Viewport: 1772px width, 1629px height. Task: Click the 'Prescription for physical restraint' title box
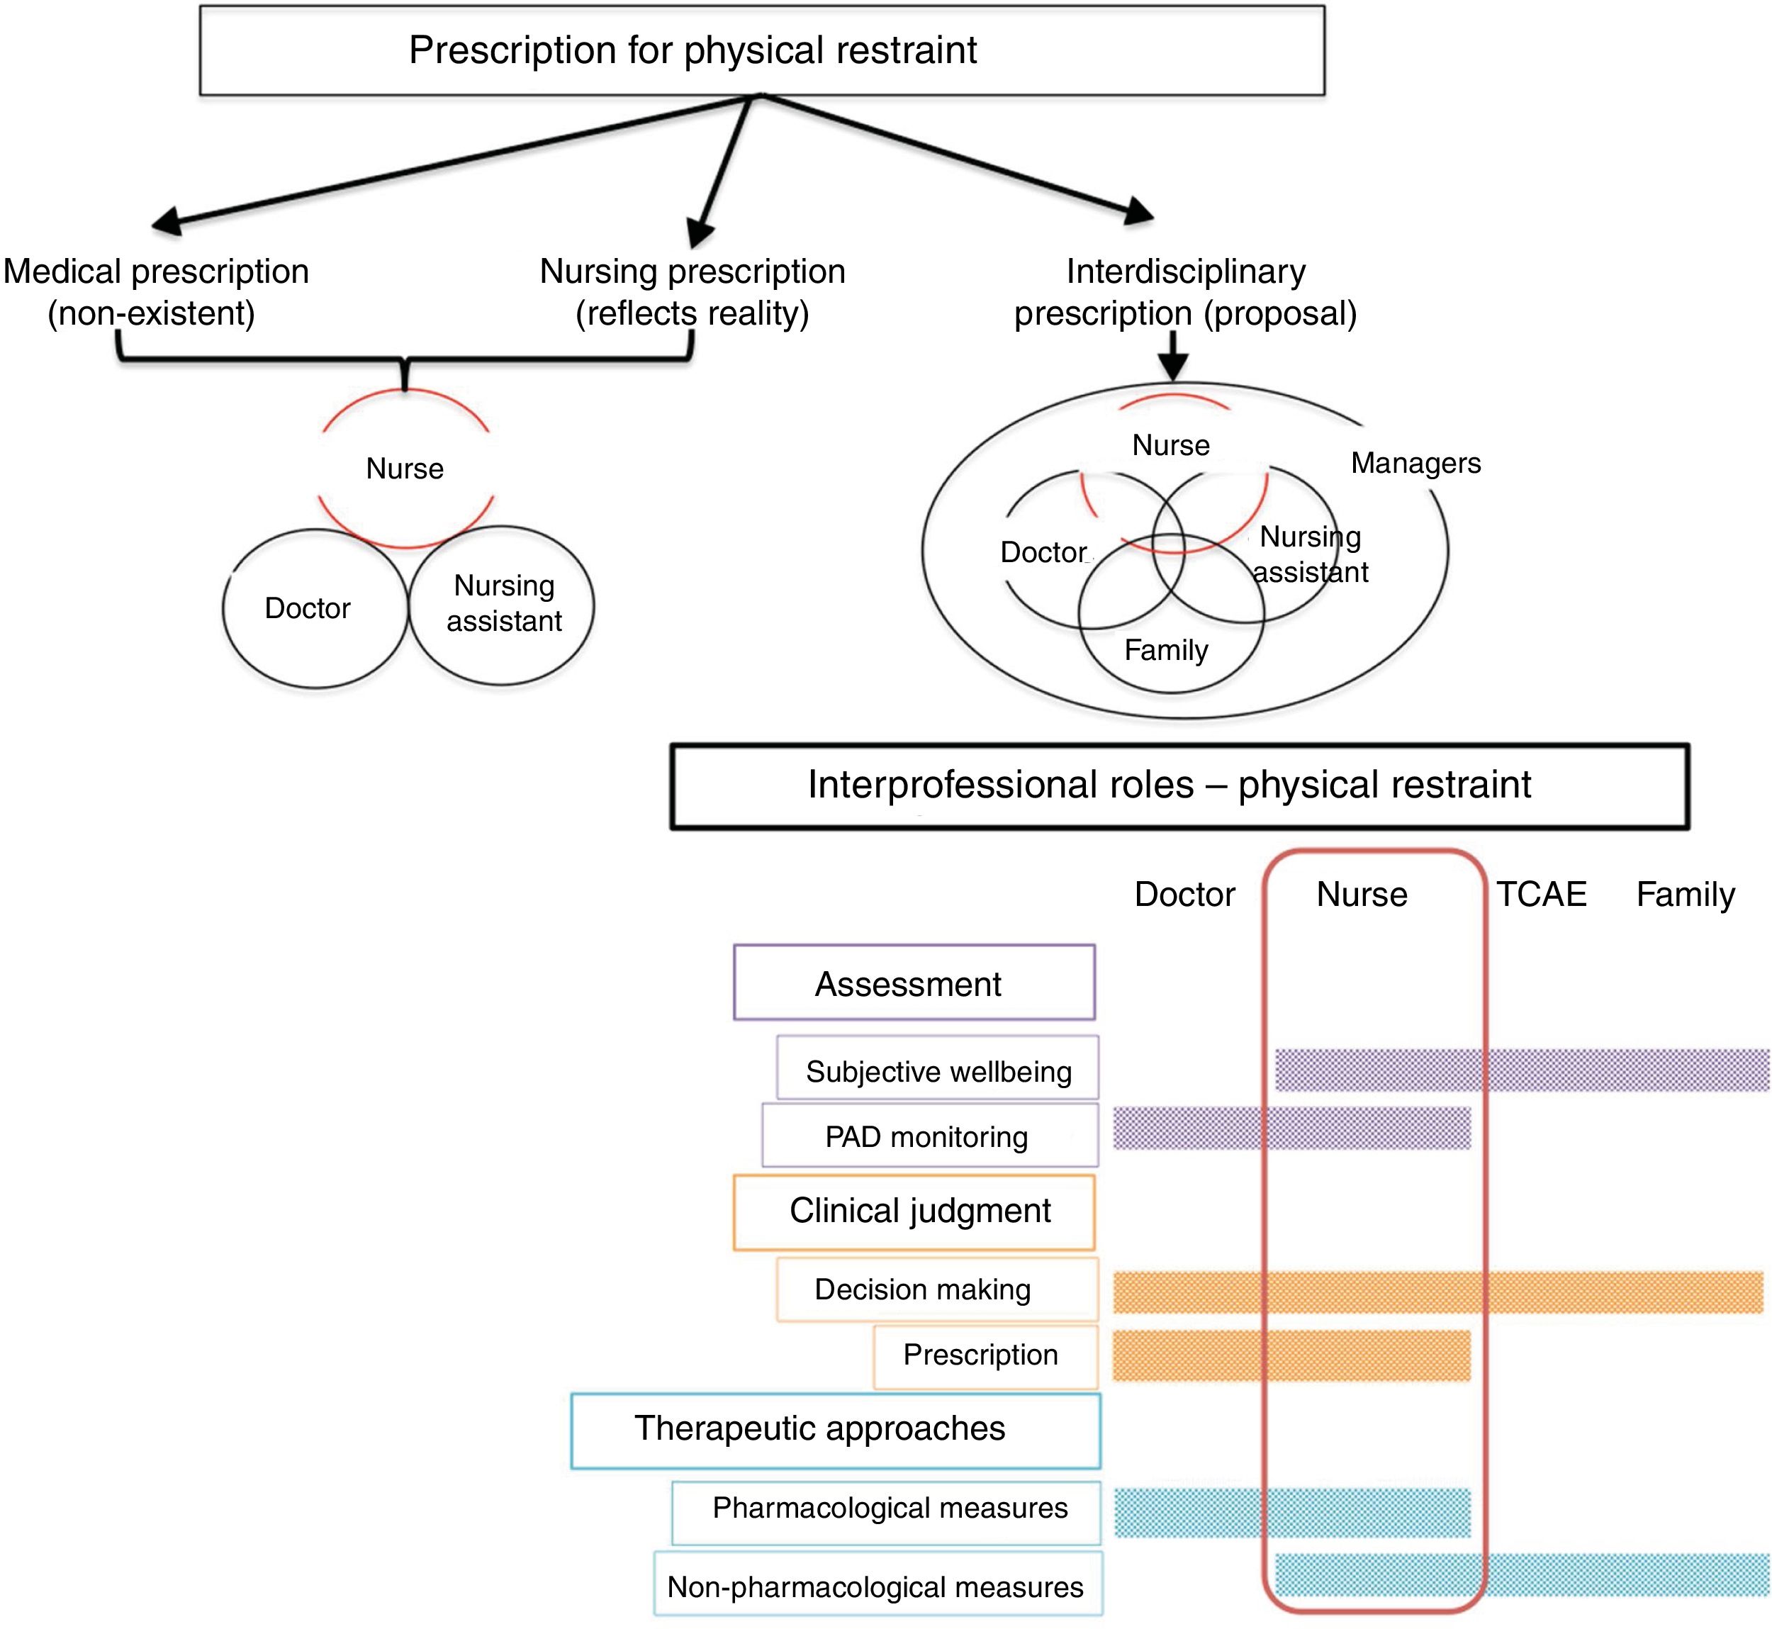[762, 50]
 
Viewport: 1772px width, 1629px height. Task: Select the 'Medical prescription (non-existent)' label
[155, 292]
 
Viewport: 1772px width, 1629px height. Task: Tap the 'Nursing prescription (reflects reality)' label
[692, 292]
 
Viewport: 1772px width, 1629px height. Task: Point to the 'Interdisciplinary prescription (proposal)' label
[1185, 292]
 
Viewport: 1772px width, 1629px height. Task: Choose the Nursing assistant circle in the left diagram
[503, 605]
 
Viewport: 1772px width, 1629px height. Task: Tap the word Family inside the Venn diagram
[1165, 651]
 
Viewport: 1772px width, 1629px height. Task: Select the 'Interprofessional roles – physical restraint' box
[1179, 785]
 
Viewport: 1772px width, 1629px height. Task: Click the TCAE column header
[1541, 894]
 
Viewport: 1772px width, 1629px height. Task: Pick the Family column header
[1685, 894]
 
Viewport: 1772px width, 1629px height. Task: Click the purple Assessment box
[914, 983]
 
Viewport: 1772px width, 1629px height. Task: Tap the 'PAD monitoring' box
[929, 1136]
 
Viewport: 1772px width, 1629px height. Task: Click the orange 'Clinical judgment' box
[914, 1211]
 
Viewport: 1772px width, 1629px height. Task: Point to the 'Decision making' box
[937, 1289]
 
